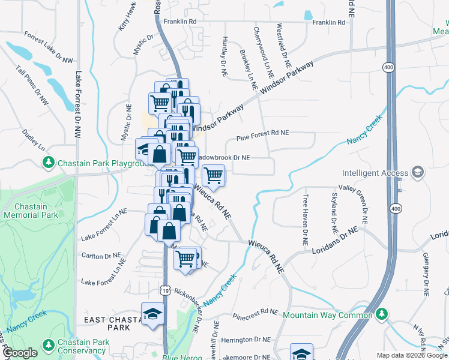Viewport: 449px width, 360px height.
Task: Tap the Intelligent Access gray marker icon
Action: click(418, 173)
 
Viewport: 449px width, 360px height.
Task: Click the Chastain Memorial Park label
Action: click(26, 211)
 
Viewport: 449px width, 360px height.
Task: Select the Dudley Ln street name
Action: click(34, 139)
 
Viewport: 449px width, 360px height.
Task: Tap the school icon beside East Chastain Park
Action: click(152, 314)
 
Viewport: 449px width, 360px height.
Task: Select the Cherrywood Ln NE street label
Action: click(264, 53)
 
